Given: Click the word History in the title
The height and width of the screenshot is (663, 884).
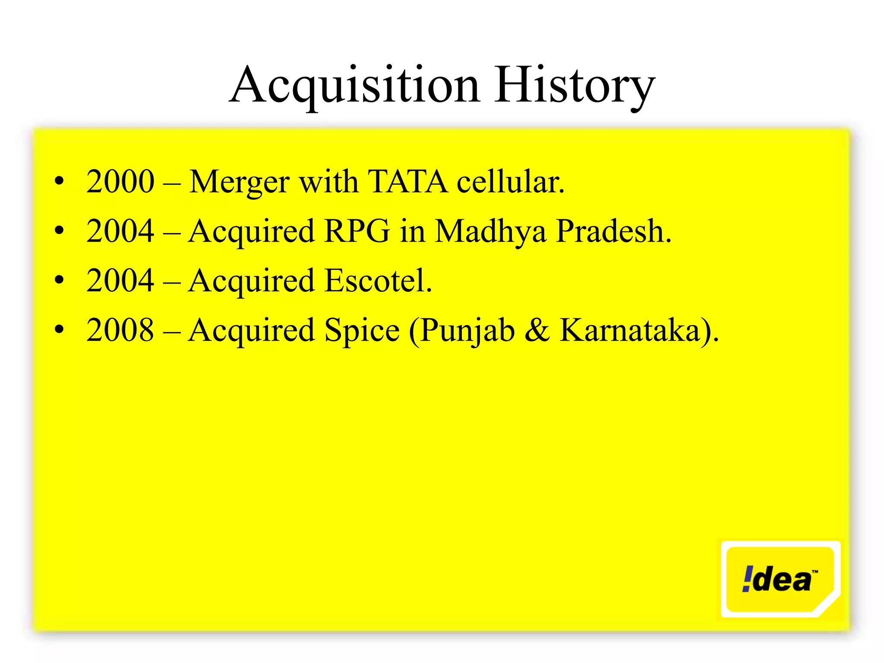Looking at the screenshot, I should [x=574, y=85].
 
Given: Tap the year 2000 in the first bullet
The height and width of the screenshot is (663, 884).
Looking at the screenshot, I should [x=120, y=181].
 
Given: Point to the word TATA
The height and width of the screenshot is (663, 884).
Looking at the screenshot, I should [x=407, y=181].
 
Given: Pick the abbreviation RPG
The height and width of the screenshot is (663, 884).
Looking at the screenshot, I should [x=357, y=231].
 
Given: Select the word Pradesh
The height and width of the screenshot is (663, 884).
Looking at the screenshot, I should [x=613, y=231].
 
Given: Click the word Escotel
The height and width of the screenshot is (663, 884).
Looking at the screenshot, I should [x=378, y=281].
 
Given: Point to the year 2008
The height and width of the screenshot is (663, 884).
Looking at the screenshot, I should [x=120, y=330].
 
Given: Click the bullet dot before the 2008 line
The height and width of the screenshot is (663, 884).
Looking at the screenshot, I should [x=60, y=330].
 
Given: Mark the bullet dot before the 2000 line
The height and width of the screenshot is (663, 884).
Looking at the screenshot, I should [x=60, y=181].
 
